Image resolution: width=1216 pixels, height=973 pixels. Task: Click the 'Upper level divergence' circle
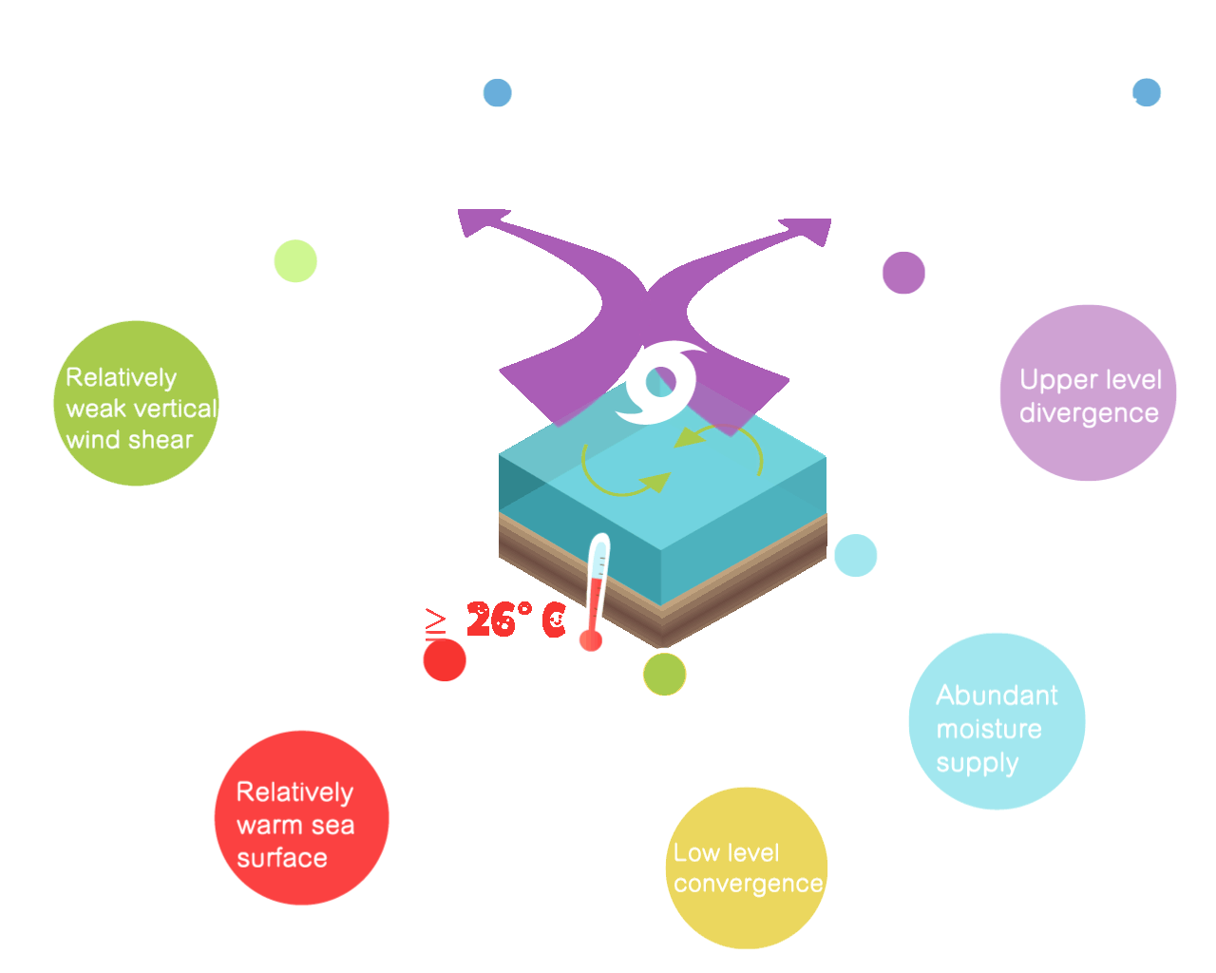pyautogui.click(x=1088, y=393)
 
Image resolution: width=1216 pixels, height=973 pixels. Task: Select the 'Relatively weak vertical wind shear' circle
pyautogui.click(x=136, y=404)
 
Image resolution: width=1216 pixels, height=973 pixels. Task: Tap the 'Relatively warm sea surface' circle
pyautogui.click(x=301, y=818)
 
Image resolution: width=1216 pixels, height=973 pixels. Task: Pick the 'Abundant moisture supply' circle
pyautogui.click(x=997, y=722)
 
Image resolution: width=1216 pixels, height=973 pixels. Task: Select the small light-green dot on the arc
pyautogui.click(x=294, y=261)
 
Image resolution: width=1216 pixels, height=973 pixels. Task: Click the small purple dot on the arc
pyautogui.click(x=903, y=273)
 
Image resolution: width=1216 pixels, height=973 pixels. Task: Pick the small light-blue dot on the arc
pyautogui.click(x=856, y=556)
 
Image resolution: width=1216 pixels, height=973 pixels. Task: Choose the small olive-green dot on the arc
pyautogui.click(x=664, y=675)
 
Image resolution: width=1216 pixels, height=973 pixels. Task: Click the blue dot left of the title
pyautogui.click(x=497, y=93)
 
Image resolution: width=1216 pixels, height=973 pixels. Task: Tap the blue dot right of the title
pyautogui.click(x=1147, y=92)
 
